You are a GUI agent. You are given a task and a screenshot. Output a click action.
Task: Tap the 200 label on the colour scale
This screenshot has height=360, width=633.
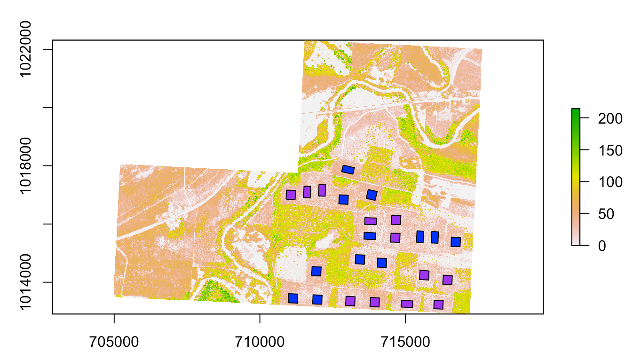tap(610, 118)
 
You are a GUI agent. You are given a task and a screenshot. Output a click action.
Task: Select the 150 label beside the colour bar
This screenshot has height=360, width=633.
tap(610, 150)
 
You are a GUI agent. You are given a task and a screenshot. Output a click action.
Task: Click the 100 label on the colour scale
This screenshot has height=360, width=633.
tap(610, 182)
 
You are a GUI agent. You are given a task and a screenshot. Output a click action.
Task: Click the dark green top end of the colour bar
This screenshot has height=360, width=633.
tap(576, 110)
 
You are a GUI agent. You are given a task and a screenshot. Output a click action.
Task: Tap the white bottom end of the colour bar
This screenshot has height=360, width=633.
tap(576, 243)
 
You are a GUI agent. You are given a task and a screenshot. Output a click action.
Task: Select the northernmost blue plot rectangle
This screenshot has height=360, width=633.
tap(348, 170)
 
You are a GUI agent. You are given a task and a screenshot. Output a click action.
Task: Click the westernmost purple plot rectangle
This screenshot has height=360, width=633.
tap(291, 195)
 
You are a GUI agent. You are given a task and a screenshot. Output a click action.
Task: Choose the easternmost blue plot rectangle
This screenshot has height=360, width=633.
tap(455, 242)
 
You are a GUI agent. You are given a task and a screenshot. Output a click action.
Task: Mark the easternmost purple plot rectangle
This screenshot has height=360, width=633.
tap(447, 280)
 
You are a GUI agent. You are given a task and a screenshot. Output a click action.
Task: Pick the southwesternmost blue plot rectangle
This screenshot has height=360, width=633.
tap(293, 298)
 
